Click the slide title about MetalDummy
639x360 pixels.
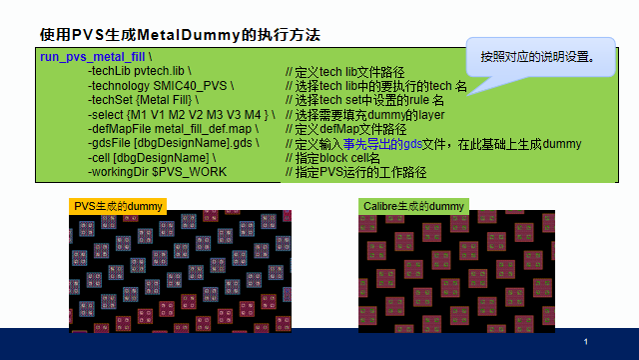180,34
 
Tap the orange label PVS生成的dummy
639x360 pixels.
118,205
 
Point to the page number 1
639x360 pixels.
586,342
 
